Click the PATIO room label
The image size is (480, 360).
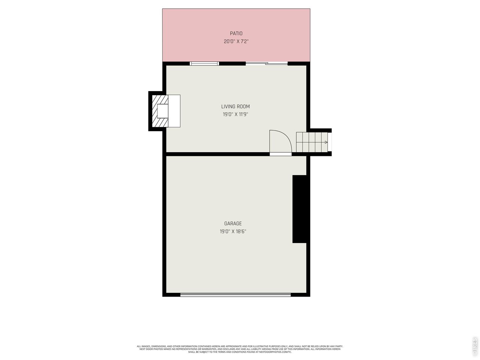click(x=236, y=33)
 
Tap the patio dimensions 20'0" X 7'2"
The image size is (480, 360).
click(x=236, y=41)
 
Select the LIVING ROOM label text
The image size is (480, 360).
click(x=235, y=106)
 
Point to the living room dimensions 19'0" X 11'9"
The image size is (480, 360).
click(x=235, y=114)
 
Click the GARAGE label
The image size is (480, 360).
click(x=233, y=223)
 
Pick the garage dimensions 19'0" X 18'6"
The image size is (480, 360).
click(x=233, y=231)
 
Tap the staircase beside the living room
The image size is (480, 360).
click(x=312, y=142)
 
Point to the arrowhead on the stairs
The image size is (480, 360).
click(x=326, y=142)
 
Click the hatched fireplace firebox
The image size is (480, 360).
click(x=160, y=111)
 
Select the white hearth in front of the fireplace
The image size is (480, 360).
click(x=174, y=111)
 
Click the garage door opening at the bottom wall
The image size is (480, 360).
click(x=235, y=295)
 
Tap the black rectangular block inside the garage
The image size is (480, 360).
click(x=299, y=209)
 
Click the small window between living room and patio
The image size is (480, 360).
click(x=204, y=64)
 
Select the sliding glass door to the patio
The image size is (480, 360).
click(x=267, y=64)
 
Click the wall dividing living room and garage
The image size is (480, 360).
click(x=218, y=154)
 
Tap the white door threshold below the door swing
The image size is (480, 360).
click(x=280, y=154)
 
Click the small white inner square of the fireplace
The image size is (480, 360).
click(x=163, y=111)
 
